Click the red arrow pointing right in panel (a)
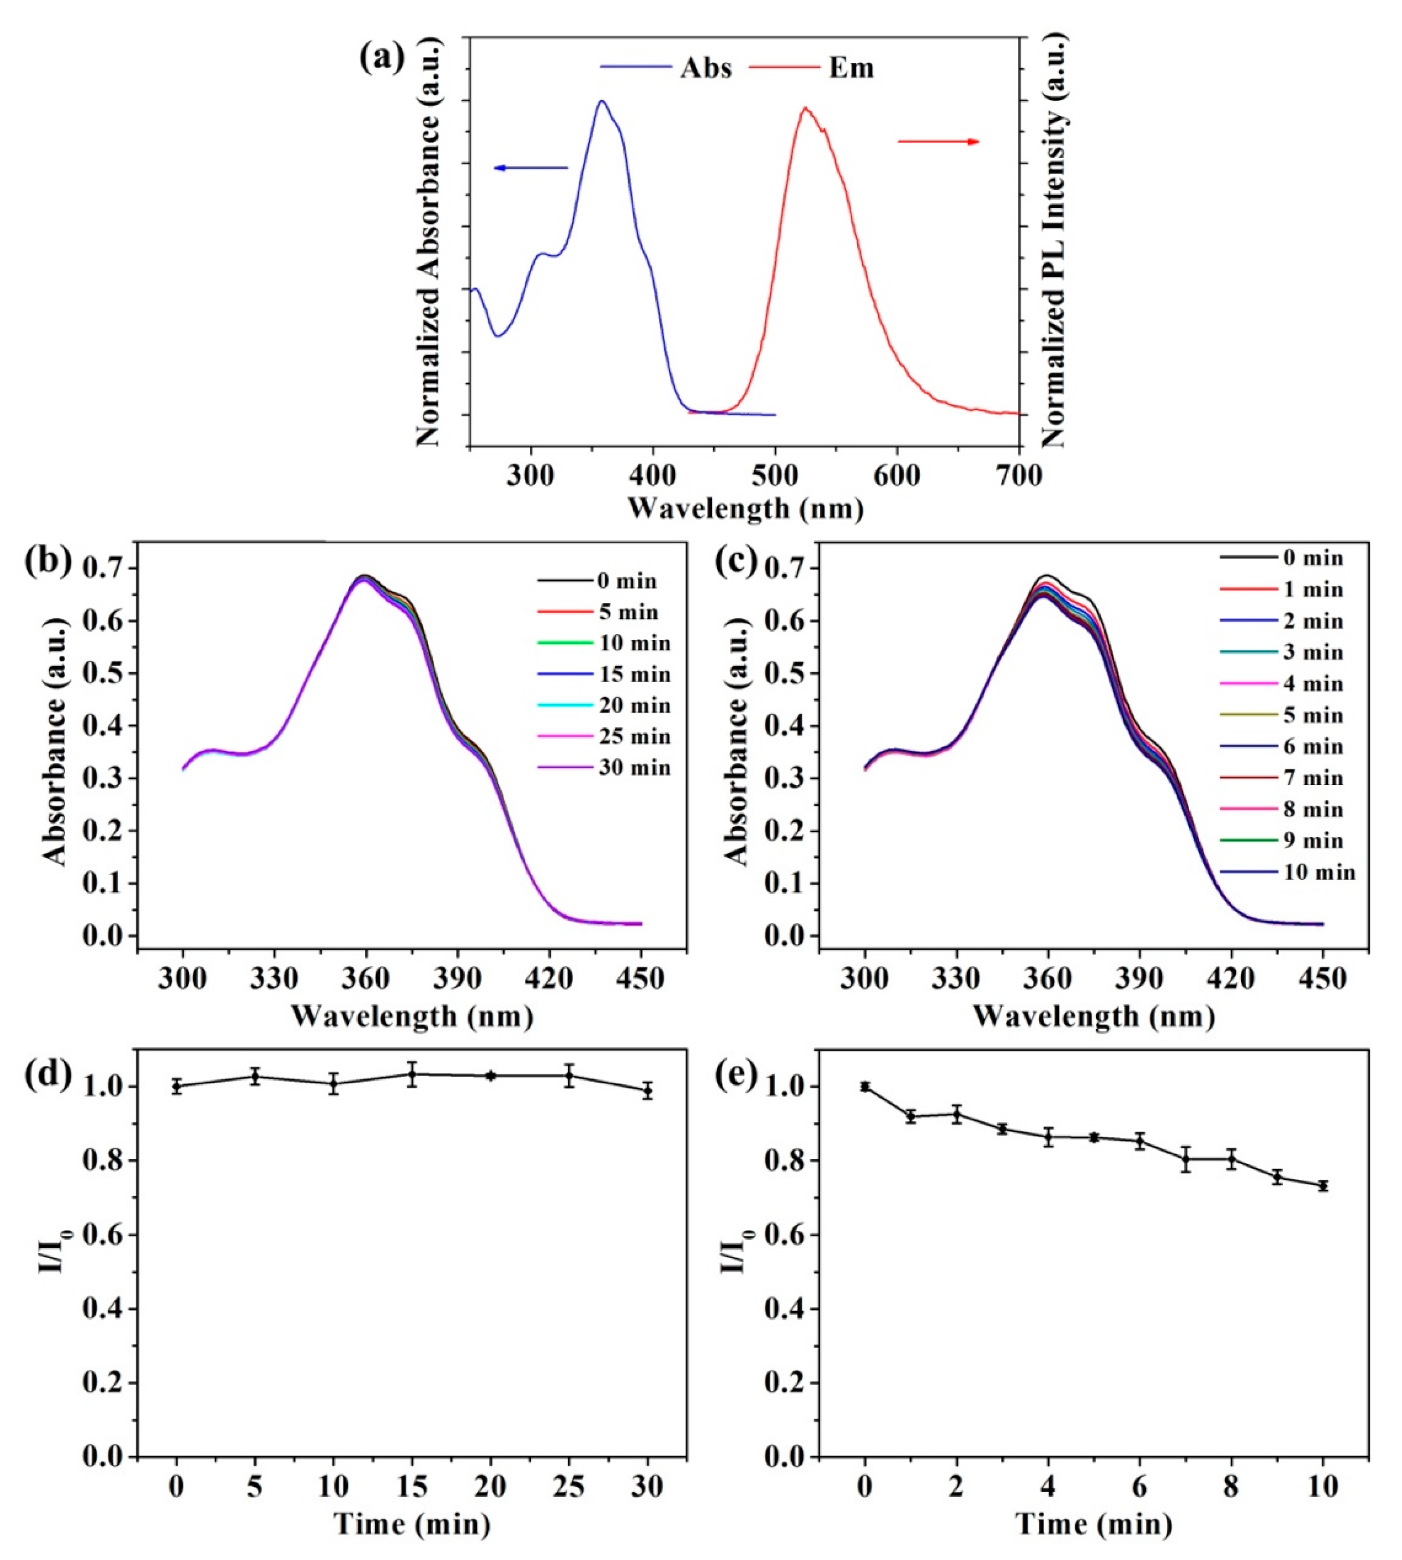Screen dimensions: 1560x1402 (938, 142)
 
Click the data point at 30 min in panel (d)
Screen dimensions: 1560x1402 (648, 1091)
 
